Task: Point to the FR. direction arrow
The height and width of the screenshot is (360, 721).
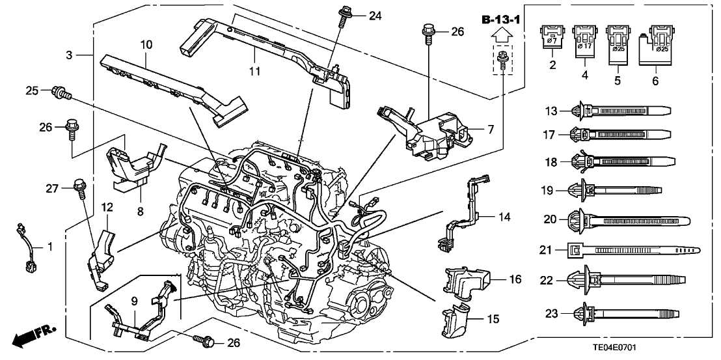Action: pos(33,337)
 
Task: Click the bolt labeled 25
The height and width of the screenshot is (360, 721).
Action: pos(61,93)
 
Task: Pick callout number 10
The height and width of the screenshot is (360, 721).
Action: pos(145,45)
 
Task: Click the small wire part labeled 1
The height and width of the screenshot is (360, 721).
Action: pos(29,251)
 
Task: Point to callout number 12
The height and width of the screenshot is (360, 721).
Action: pos(106,207)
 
